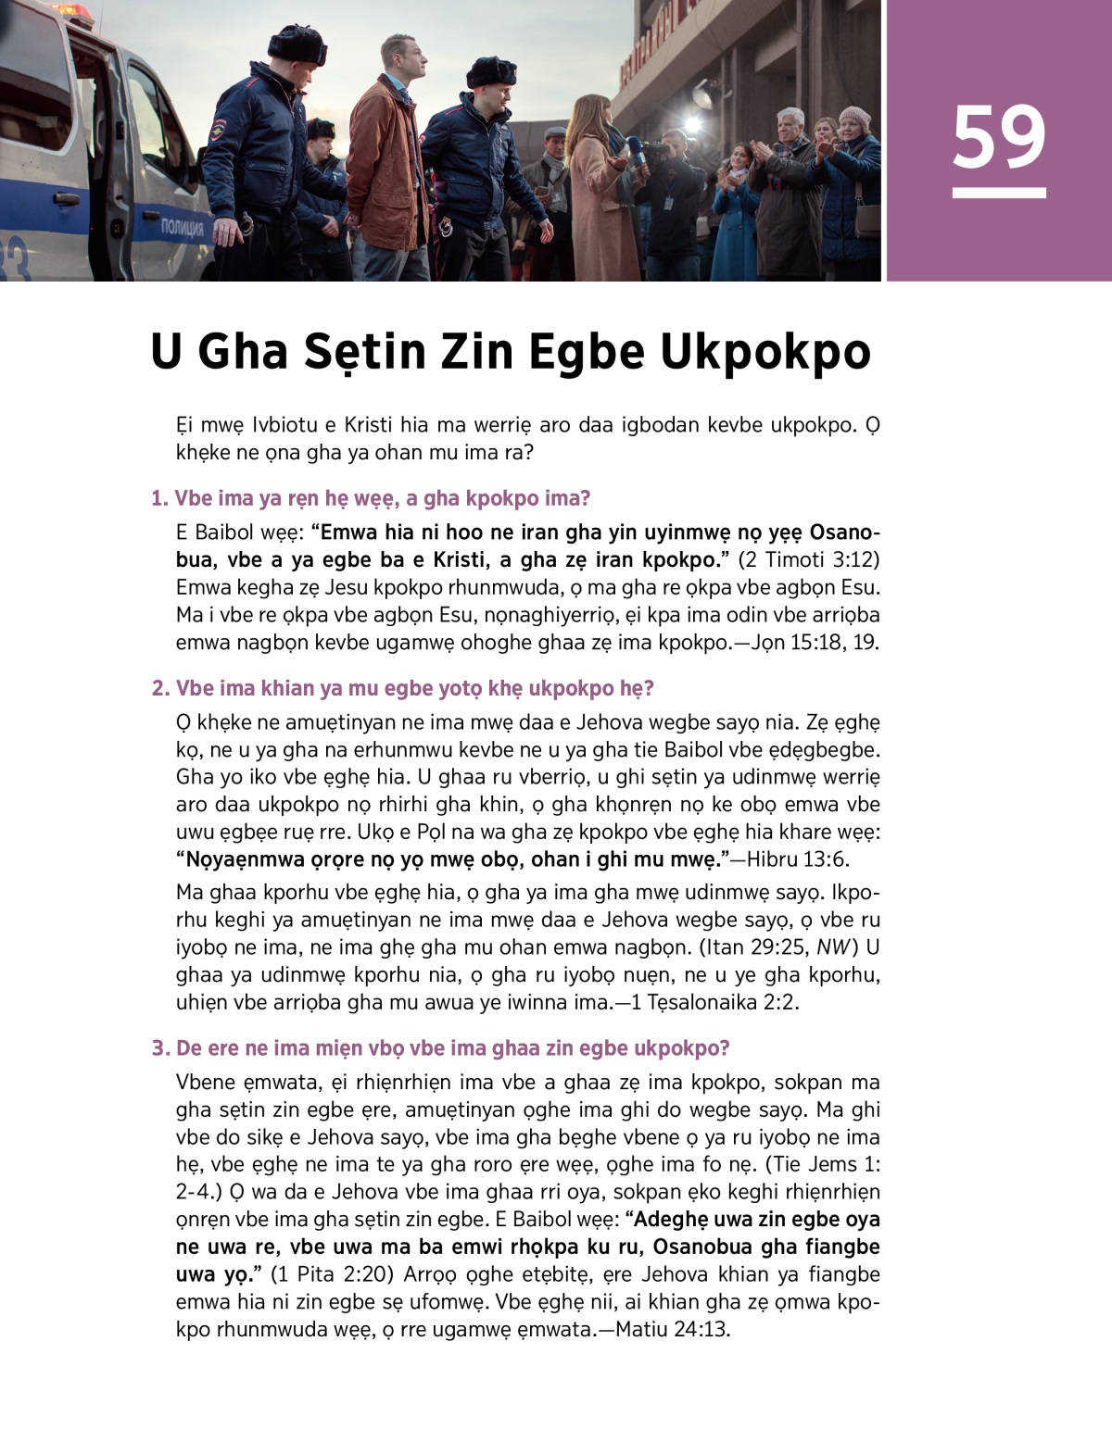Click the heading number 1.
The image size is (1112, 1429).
(158, 498)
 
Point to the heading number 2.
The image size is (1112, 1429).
(159, 688)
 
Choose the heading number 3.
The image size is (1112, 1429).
(159, 1048)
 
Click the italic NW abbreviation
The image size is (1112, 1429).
(834, 947)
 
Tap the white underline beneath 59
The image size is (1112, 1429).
(998, 194)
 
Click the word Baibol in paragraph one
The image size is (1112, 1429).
(224, 533)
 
